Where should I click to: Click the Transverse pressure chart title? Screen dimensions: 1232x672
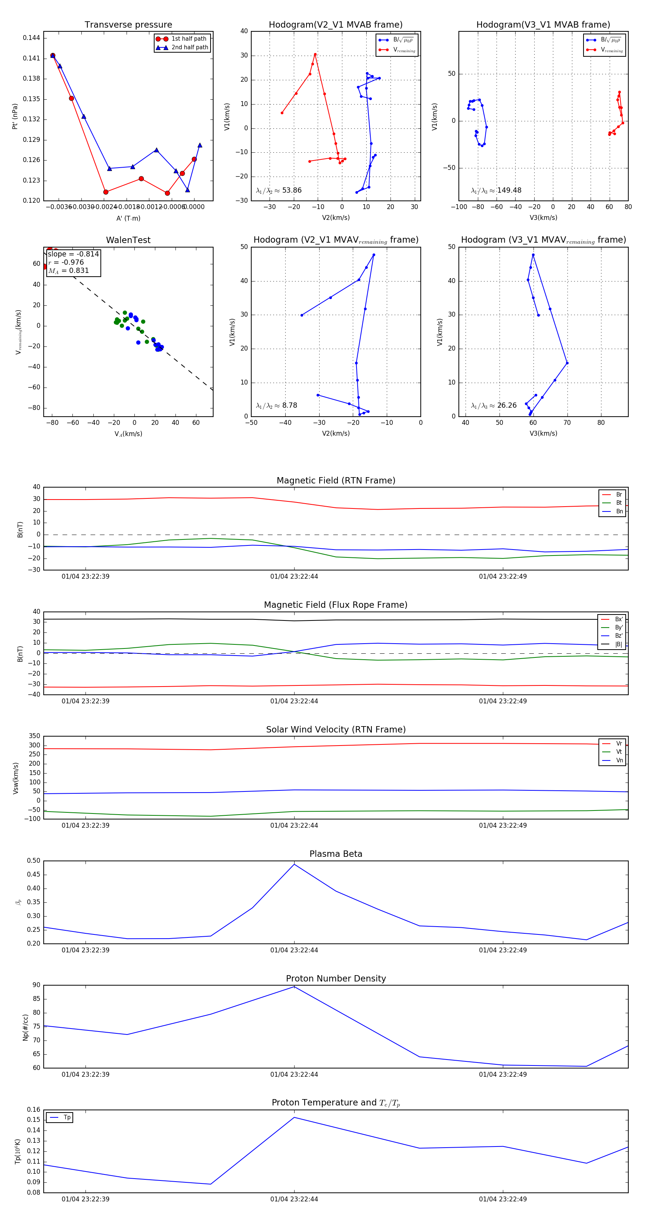coord(128,25)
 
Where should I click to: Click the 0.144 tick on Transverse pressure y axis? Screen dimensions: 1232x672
coord(32,38)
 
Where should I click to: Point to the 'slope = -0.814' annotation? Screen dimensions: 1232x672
coord(73,254)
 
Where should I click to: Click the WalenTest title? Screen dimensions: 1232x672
coord(128,240)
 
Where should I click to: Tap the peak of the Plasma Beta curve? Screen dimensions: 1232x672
coord(294,864)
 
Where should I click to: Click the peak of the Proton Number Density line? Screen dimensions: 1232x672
coord(294,987)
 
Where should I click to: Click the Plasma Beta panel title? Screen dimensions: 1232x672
coord(336,854)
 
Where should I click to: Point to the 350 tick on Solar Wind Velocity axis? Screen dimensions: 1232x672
coord(34,736)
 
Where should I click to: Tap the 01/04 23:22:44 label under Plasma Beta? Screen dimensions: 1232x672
coord(294,950)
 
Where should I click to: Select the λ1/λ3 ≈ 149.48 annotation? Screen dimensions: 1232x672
coord(496,190)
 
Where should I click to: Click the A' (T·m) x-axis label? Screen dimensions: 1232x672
coord(128,218)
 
